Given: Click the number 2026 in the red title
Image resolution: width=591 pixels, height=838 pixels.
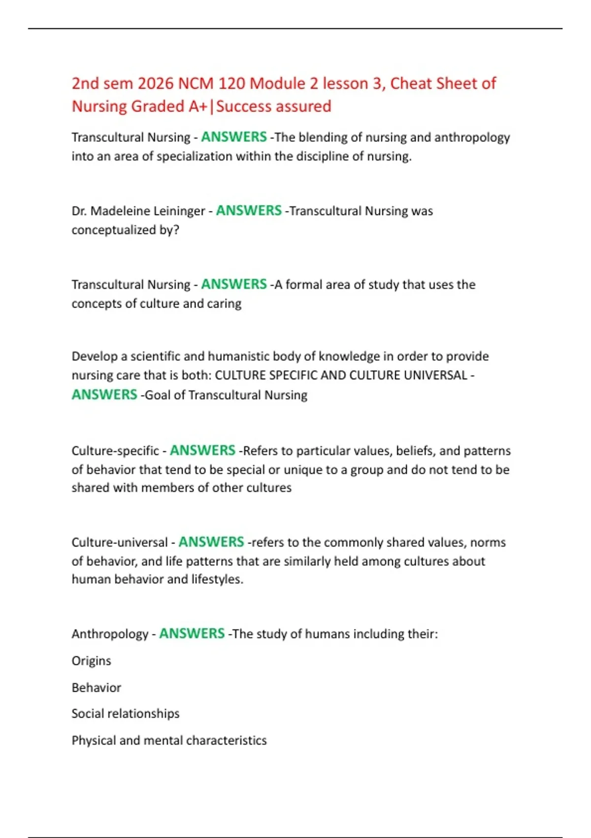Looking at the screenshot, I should [155, 84].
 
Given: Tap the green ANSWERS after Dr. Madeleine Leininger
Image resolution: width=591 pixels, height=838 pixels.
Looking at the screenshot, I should [249, 211].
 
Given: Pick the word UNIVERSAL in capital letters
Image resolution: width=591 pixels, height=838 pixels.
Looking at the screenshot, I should [435, 376].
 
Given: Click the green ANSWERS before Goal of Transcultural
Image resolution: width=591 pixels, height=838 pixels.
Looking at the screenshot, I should [104, 395].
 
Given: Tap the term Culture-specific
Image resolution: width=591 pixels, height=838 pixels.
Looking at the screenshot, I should [115, 451].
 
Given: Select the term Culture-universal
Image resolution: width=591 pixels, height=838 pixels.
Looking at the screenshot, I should [120, 543].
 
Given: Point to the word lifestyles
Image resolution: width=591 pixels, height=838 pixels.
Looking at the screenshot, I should [217, 579].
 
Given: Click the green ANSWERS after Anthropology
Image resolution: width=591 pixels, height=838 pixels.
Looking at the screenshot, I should [192, 634].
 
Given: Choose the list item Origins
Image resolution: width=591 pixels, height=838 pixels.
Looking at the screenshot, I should [91, 661].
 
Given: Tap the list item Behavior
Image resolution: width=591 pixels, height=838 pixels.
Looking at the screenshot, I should [96, 688].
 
